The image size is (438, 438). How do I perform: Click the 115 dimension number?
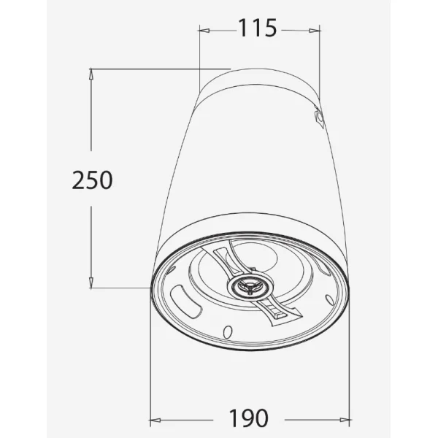pos(257,28)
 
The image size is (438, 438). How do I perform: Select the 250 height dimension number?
pos(93,180)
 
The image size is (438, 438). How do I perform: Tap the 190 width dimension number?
pos(249,418)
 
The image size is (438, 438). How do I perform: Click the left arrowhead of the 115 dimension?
pos(204,30)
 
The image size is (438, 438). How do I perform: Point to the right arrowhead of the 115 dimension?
pos(315,31)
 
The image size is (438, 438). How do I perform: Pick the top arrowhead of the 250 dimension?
pos(91,74)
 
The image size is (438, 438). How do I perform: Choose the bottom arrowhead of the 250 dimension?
pos(91,283)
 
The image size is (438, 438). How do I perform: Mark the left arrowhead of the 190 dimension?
pos(155,420)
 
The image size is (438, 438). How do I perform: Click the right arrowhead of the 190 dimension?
pos(344,420)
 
